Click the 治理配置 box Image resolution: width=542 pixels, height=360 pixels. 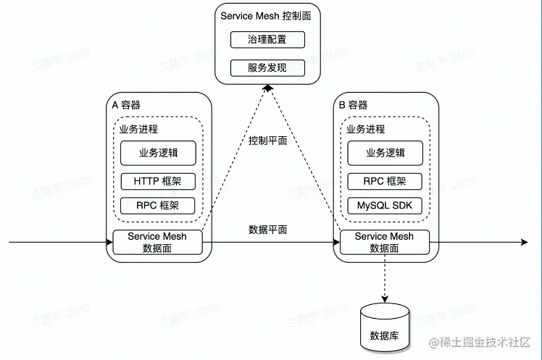[267, 40]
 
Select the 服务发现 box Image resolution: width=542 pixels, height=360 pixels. [267, 68]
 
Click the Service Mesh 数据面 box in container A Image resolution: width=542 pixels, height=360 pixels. [157, 242]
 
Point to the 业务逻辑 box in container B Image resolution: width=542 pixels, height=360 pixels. [385, 153]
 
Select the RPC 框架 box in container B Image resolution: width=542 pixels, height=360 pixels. [385, 181]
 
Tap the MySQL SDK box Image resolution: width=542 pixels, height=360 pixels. [385, 205]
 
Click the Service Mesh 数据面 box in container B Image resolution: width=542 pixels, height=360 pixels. [385, 242]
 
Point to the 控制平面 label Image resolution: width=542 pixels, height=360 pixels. [267, 141]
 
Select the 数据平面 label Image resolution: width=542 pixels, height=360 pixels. [267, 230]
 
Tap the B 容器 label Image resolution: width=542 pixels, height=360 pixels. [354, 105]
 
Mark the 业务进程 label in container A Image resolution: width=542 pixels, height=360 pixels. [138, 129]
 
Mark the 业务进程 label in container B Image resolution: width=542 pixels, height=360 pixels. [365, 129]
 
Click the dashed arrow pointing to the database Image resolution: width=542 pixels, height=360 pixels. [384, 279]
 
